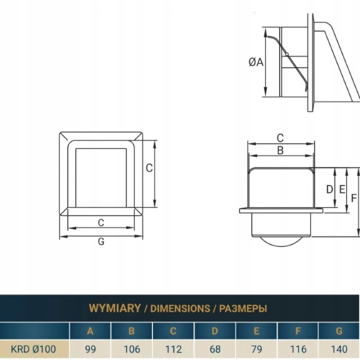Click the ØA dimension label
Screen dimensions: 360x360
tap(256, 62)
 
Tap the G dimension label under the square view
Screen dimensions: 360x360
tap(101, 241)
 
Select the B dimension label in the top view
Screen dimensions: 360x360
tap(280, 150)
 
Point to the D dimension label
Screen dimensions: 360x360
tap(330, 190)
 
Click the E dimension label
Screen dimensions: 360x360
tap(342, 190)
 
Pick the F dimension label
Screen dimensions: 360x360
tap(354, 198)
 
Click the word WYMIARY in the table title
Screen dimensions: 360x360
tap(115, 308)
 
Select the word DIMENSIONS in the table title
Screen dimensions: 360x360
tap(180, 309)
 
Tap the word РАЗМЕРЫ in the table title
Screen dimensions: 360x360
tap(243, 309)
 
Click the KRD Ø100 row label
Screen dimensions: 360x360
tap(33, 349)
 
